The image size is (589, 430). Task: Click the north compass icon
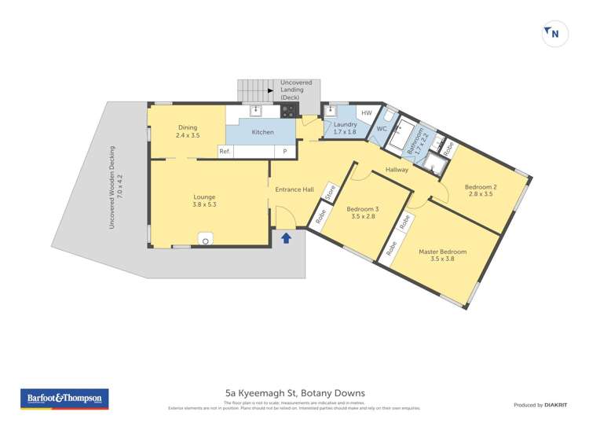click(555, 34)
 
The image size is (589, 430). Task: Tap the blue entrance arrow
click(286, 237)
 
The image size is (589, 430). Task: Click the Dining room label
click(188, 131)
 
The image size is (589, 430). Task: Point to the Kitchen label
click(262, 132)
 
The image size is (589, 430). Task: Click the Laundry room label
click(345, 128)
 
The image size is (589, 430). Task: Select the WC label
click(382, 128)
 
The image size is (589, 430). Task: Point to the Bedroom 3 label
click(363, 212)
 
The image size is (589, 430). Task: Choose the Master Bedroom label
click(442, 255)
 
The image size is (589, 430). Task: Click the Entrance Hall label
click(294, 189)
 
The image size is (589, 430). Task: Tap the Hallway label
click(397, 170)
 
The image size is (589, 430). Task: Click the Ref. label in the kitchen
click(225, 151)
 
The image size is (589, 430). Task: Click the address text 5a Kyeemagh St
click(294, 393)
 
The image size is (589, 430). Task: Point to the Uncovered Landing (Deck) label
click(296, 90)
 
